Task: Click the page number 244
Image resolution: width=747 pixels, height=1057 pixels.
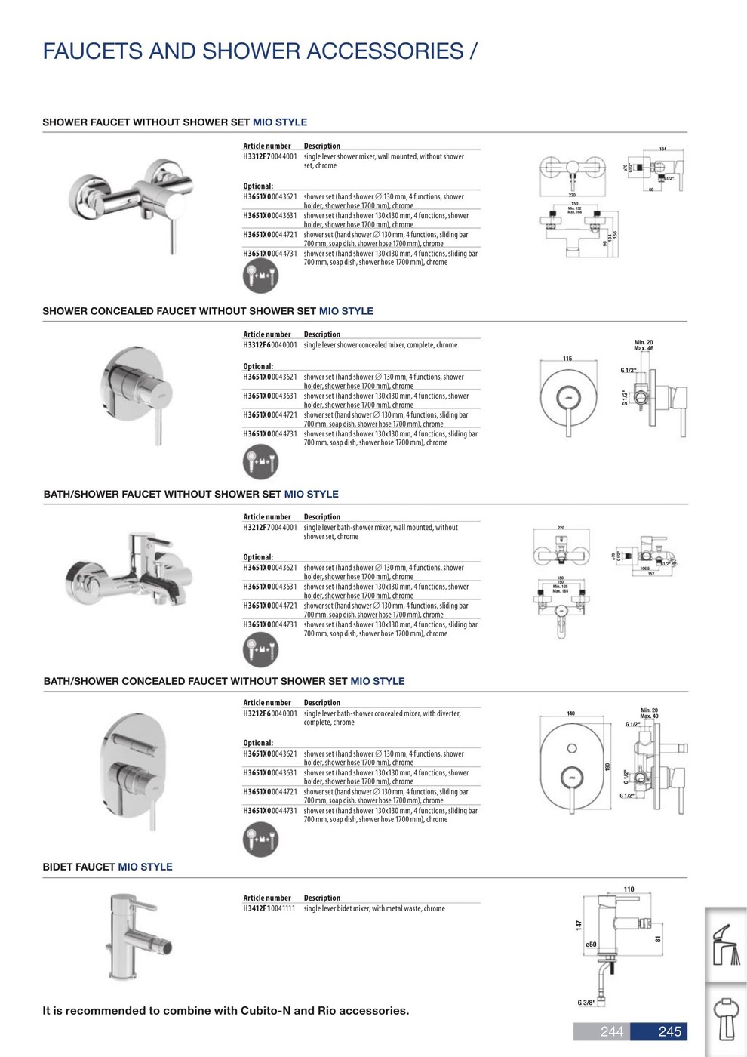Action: [611, 1031]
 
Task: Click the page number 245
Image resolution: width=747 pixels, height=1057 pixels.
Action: [669, 1031]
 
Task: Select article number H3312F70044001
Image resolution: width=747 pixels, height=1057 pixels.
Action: [269, 156]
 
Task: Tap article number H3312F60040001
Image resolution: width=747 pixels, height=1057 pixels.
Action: [269, 345]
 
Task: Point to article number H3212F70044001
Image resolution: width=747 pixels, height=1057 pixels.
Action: [269, 528]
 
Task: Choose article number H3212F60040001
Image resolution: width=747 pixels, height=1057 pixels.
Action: [269, 713]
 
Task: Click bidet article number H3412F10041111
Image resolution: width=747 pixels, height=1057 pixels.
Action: [269, 908]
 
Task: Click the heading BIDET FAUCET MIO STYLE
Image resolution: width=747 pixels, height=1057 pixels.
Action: [107, 867]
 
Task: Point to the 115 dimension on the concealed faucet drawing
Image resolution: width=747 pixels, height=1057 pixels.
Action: [567, 359]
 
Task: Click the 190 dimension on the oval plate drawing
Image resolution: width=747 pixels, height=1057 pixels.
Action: [607, 767]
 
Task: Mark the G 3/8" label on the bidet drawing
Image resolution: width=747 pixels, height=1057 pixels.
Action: [586, 1003]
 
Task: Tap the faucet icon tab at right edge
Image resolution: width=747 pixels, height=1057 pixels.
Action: [726, 944]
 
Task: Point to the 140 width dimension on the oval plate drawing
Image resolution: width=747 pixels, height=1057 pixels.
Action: [570, 713]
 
